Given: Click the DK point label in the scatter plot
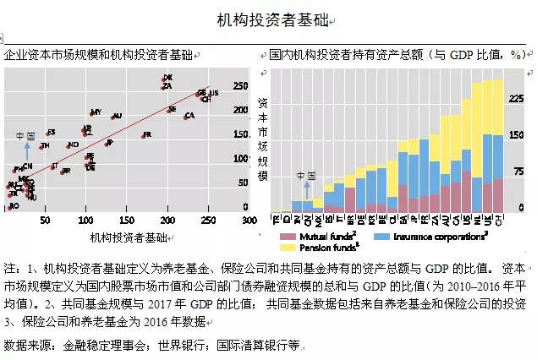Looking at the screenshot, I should point(167,79).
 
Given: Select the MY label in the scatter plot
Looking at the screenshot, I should point(96,112).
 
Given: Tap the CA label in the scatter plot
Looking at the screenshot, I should point(189,116).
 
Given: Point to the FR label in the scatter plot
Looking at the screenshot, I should point(146,135).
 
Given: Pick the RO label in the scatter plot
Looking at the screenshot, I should point(13,205).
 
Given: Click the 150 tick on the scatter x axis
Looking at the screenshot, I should point(126,220).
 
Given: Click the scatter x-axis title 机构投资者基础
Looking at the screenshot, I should point(129,237).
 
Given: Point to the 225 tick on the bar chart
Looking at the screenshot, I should point(514,98).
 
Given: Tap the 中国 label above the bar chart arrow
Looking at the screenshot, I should point(305,175).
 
